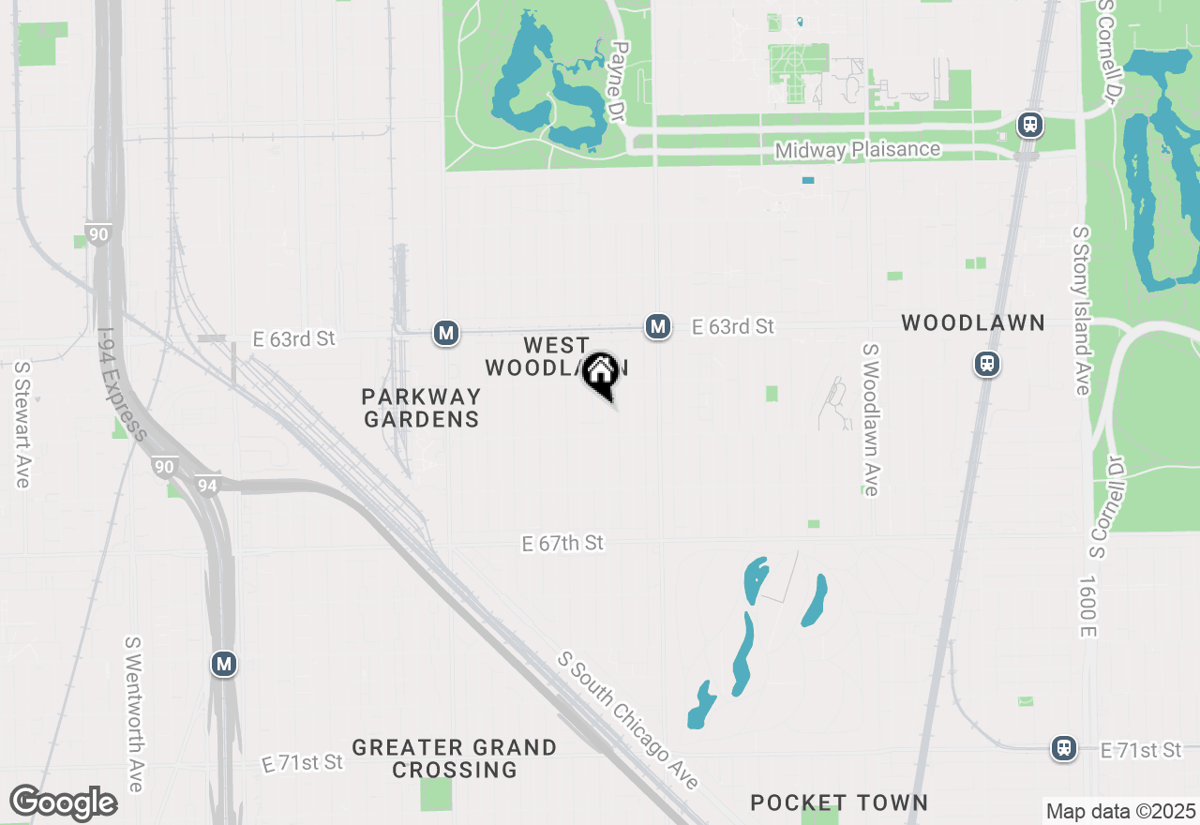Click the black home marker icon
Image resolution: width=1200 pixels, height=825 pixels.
coord(600,373)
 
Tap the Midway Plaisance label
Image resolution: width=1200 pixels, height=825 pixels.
coord(857,150)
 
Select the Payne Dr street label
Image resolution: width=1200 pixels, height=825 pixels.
coord(617,81)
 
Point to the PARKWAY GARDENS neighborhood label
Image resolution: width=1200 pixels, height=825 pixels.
coord(421,408)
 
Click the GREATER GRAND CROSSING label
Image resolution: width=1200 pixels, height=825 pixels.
coord(455,758)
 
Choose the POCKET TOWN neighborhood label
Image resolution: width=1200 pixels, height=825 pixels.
coord(839,802)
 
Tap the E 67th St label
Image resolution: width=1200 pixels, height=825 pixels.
coord(562,543)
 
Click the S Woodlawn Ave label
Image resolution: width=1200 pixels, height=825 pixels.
coord(871,419)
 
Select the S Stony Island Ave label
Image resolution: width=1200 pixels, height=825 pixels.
coord(1082,310)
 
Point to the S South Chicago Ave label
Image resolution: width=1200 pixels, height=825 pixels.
coord(628,720)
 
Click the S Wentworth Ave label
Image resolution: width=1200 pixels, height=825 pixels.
coord(134,714)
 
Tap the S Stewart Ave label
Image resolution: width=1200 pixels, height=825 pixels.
coord(22,425)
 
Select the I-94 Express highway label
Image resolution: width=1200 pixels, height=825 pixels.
coord(122,384)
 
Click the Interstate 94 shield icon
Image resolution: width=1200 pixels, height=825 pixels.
coord(207,485)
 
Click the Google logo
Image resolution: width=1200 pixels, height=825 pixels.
coord(63,803)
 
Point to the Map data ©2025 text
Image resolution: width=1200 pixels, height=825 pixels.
coord(1120,811)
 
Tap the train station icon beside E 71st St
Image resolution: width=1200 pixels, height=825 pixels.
coord(1064,747)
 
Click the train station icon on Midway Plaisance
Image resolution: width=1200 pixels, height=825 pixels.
coord(1030,125)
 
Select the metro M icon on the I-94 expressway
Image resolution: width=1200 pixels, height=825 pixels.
coord(223,665)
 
